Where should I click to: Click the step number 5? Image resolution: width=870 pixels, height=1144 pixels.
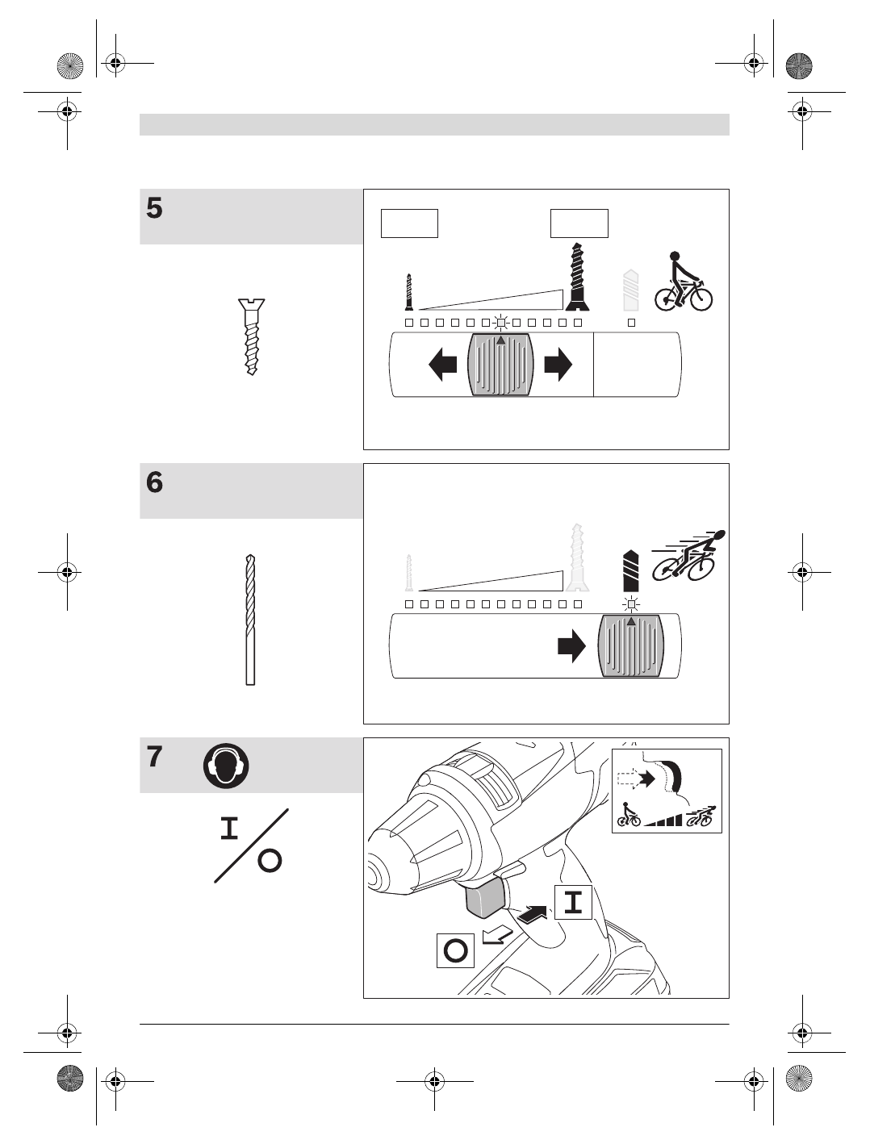coord(155,209)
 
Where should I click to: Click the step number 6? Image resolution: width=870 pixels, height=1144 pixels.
coord(155,483)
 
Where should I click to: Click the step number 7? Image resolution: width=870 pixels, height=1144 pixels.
coord(155,758)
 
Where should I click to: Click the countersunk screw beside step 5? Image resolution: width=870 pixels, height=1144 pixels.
coord(252,336)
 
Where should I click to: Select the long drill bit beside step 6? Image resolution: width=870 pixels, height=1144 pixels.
coord(250,620)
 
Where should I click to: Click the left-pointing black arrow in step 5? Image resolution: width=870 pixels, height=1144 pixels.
coord(442,365)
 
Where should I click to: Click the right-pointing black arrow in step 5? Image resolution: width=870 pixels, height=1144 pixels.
coord(558,365)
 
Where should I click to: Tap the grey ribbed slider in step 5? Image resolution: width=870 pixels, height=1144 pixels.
coord(501,365)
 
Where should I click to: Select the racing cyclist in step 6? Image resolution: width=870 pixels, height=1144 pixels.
coord(688,555)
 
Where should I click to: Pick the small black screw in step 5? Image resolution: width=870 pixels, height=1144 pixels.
coord(409,292)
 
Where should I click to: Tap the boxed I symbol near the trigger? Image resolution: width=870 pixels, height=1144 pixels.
coord(573,902)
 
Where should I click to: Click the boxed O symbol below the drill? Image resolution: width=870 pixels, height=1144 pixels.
coord(455,950)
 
